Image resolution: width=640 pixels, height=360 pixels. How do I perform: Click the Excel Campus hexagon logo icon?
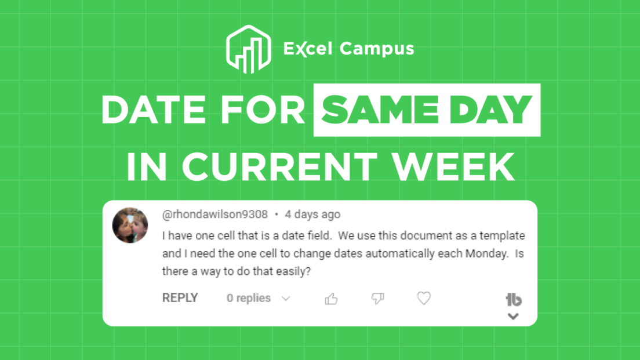point(248,49)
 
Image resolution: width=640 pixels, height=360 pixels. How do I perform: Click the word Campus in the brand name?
point(377,49)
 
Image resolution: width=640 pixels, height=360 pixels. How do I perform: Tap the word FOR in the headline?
point(271,110)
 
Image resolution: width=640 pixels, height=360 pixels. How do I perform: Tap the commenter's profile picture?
point(130,226)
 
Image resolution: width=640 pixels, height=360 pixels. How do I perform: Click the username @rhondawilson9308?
point(215,214)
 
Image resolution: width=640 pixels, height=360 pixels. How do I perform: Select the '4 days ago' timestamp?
point(312,214)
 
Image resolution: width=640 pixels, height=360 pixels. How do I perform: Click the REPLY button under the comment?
point(180,298)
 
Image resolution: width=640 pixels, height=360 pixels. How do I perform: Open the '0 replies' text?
point(249,298)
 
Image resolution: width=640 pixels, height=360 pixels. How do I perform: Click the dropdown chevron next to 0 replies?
point(285,299)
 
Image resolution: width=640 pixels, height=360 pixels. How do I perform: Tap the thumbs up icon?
point(332,299)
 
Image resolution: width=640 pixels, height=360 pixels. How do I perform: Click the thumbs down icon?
point(377,299)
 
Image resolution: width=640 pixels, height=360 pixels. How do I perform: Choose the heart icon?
point(424,298)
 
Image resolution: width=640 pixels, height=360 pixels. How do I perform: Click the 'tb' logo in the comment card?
point(514,300)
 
